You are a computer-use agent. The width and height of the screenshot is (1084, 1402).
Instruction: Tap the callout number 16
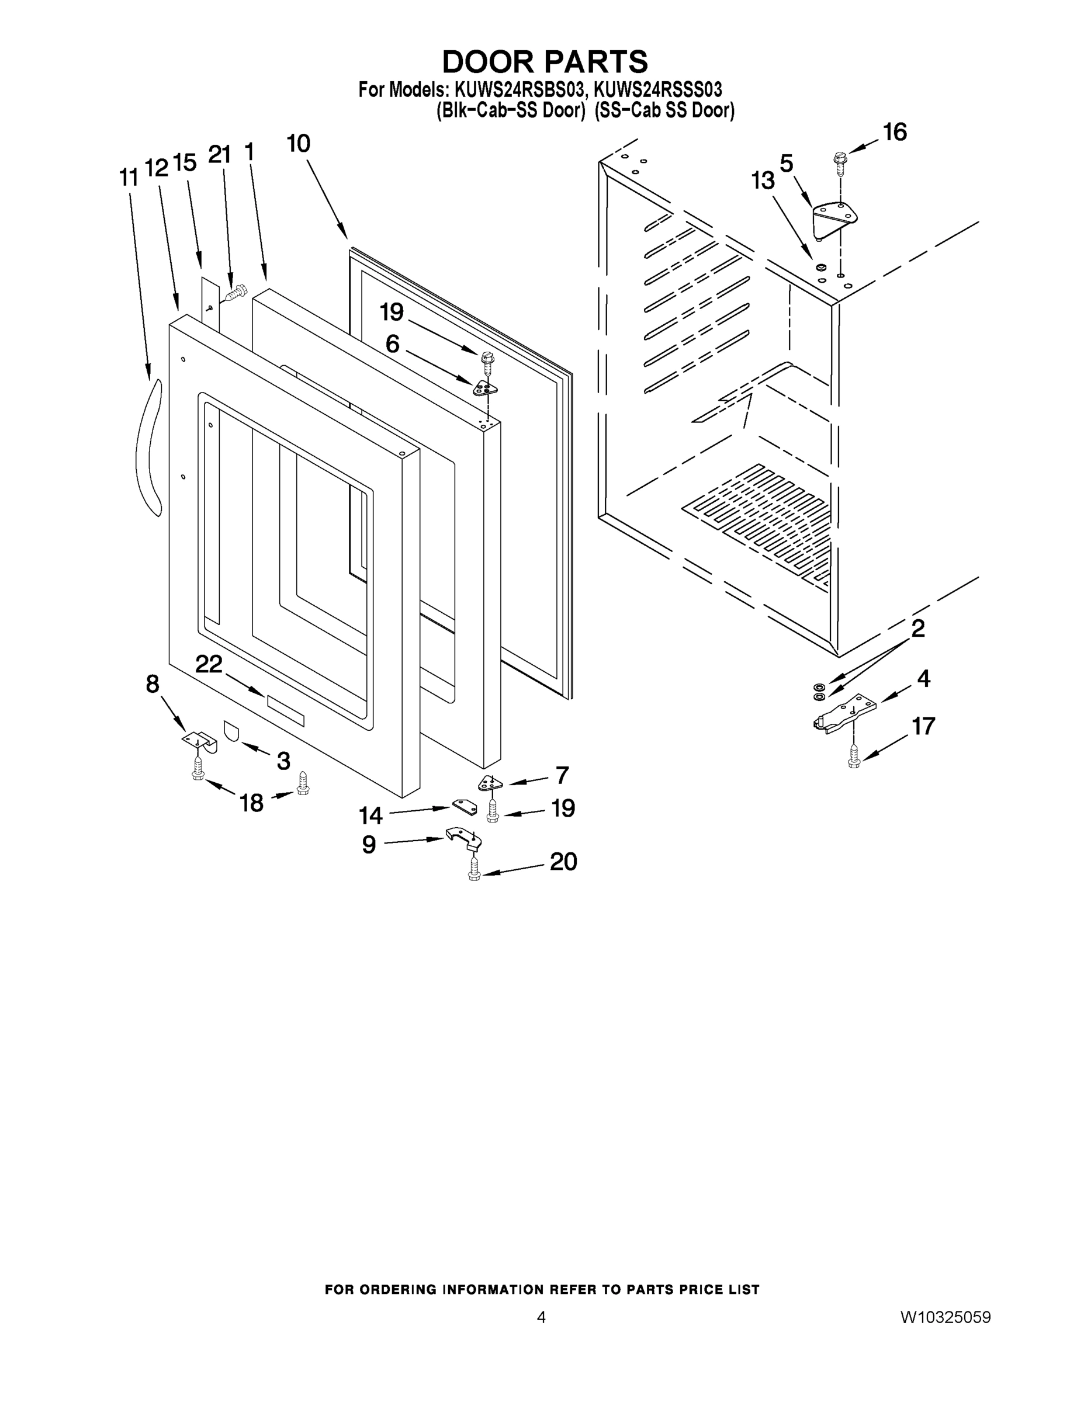pos(895,132)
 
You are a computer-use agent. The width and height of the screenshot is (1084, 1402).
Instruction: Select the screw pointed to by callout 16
pos(839,161)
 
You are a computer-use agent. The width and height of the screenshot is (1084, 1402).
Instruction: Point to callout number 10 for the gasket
pos(298,144)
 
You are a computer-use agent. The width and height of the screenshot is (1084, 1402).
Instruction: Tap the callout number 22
pos(209,664)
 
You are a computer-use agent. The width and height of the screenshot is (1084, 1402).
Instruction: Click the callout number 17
pos(923,726)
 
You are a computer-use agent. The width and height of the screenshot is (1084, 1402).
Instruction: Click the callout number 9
pos(369,845)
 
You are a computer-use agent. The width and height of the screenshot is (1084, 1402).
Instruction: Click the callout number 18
pos(252,803)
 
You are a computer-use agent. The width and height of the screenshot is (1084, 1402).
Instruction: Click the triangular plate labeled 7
pos(491,783)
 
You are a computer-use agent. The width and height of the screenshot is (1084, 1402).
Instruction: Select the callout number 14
pos(370,816)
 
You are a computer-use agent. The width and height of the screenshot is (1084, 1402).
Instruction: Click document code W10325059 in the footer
pos(945,1317)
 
